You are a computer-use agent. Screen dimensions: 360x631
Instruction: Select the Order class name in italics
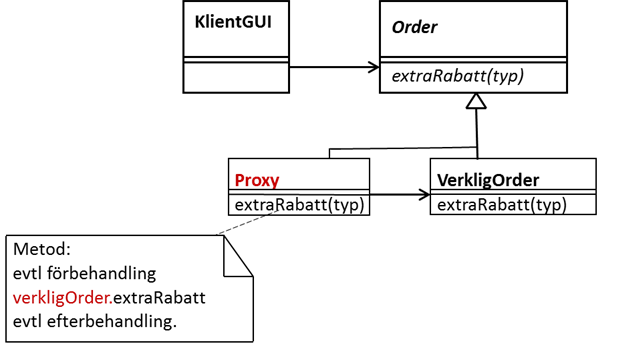[413, 27]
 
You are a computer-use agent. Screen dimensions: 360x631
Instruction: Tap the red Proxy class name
[256, 181]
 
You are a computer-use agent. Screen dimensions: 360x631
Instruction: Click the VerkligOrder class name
[488, 181]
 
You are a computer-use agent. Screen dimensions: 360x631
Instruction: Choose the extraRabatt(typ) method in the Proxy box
[298, 205]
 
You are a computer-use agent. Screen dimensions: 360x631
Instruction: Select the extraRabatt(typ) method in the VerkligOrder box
[502, 205]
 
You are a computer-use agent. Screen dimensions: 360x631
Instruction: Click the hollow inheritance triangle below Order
[477, 101]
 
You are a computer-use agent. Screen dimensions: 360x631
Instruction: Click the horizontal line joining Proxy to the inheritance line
[400, 150]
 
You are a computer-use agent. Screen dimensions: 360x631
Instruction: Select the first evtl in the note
[29, 273]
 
